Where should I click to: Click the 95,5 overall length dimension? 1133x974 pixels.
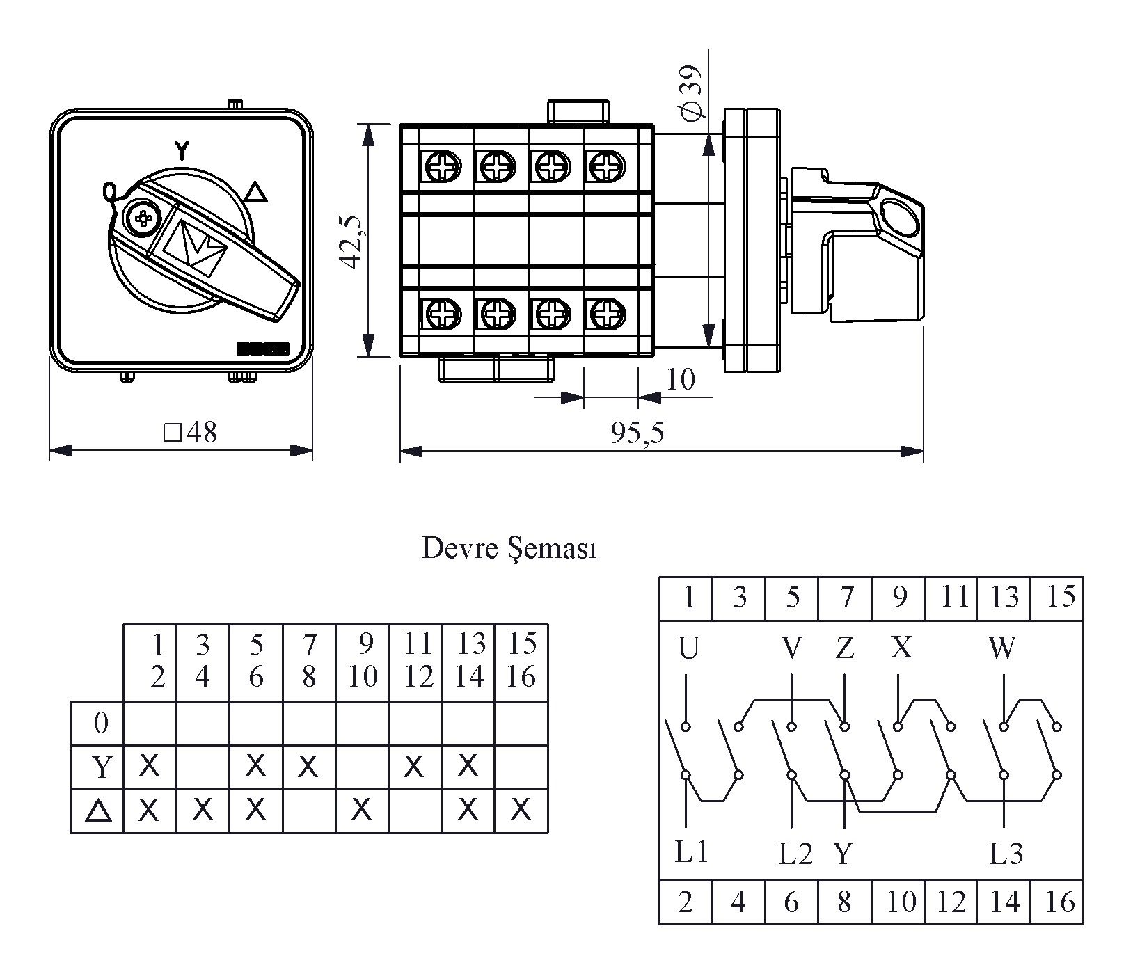[637, 433]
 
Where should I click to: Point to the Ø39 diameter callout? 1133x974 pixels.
[692, 91]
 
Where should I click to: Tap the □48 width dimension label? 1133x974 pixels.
[190, 433]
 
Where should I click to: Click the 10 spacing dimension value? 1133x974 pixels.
[680, 380]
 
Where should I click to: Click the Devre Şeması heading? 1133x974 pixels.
[509, 550]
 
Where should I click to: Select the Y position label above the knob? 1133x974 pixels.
[181, 150]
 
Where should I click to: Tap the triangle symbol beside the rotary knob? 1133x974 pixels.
[257, 191]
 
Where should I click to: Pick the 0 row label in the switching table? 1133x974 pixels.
[101, 724]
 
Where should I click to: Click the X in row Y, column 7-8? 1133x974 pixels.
[308, 767]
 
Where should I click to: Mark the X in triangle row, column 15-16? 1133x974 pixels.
[521, 810]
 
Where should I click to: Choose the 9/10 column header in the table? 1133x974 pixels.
[362, 661]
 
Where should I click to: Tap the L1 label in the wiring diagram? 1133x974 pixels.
[691, 852]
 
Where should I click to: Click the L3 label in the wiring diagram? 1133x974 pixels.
[1006, 854]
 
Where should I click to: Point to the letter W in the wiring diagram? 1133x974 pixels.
[1002, 648]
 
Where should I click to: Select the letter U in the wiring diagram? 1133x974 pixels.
[688, 648]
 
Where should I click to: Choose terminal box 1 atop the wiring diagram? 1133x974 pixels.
[688, 598]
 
